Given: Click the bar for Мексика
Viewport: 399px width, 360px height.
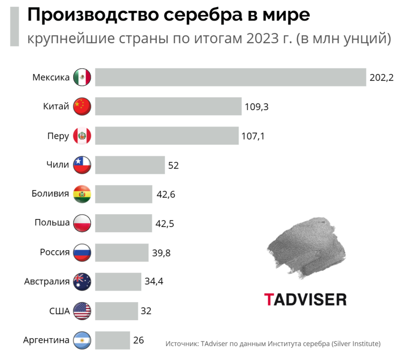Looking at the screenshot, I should tap(230, 77).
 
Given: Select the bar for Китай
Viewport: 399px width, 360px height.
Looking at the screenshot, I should tap(168, 106).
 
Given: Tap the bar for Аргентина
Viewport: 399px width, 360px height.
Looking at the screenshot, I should tap(113, 340).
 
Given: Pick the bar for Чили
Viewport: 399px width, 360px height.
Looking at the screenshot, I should tap(130, 165).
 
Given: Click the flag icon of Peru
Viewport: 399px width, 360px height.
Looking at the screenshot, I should tap(82, 136).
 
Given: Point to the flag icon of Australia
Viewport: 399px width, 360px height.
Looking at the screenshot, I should tap(82, 282).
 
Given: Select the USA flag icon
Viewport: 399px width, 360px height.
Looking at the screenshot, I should tap(82, 311).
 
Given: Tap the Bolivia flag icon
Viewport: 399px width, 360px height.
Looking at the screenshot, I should tap(82, 194).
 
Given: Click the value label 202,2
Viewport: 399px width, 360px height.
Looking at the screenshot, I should tap(381, 77).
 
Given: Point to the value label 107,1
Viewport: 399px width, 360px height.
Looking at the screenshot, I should tap(253, 136).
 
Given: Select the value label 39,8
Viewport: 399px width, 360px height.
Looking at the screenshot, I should tap(161, 253).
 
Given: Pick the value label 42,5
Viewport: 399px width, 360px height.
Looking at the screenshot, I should tap(165, 223).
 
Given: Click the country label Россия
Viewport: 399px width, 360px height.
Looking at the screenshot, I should tap(55, 252).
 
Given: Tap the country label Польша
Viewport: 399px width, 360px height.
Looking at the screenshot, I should tap(52, 223).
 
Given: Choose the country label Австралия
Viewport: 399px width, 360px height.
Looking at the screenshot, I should tap(47, 282).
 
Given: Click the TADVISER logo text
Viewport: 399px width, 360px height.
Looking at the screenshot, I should tap(305, 299).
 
